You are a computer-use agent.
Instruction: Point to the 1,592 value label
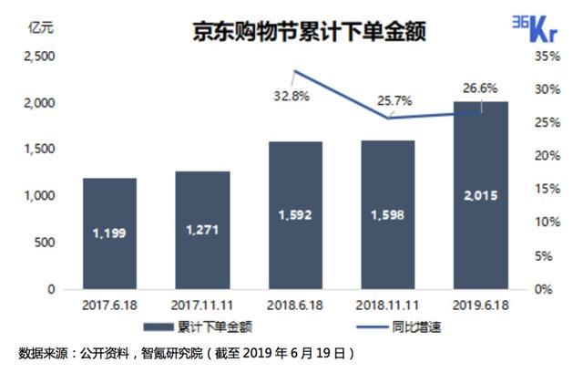coord(295,216)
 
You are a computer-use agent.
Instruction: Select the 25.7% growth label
coord(386,94)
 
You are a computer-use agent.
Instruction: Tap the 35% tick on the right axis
coord(545,57)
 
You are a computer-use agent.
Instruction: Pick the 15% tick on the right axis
coord(545,190)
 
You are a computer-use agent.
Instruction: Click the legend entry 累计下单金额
coord(204,326)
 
